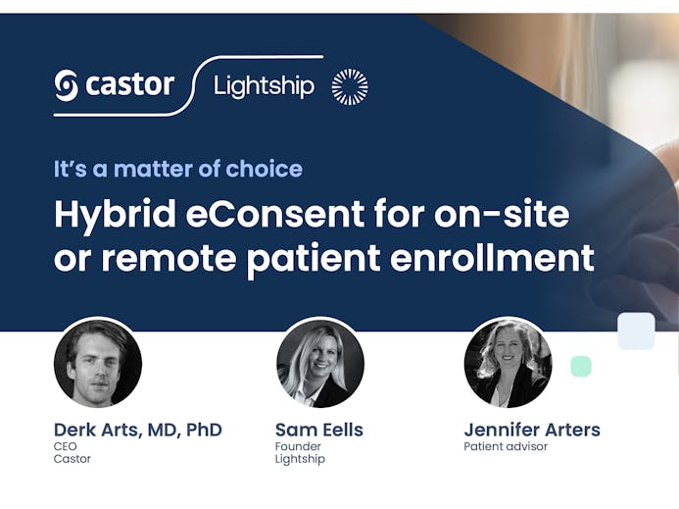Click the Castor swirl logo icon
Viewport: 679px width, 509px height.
pyautogui.click(x=67, y=85)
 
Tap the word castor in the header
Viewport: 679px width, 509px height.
pyautogui.click(x=130, y=84)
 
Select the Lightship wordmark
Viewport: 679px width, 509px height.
pyautogui.click(x=264, y=86)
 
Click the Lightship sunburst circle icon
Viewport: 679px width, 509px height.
pyautogui.click(x=350, y=86)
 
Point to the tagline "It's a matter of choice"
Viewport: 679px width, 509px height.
pyautogui.click(x=178, y=169)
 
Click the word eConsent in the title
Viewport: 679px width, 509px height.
pyautogui.click(x=275, y=214)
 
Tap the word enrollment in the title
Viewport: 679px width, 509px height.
pyautogui.click(x=492, y=257)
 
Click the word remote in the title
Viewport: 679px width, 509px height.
pyautogui.click(x=169, y=258)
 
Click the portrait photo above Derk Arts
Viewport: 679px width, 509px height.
pyautogui.click(x=98, y=363)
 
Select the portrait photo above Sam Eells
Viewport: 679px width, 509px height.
pyautogui.click(x=320, y=363)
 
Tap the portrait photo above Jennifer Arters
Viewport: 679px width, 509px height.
pyautogui.click(x=508, y=363)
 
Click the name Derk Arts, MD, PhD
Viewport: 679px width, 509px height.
pyautogui.click(x=138, y=430)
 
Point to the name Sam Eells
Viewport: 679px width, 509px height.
pyautogui.click(x=319, y=430)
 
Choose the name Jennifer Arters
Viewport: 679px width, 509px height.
pyautogui.click(x=532, y=430)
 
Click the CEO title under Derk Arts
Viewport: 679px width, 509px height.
pyautogui.click(x=66, y=446)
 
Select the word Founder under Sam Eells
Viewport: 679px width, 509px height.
pyautogui.click(x=298, y=446)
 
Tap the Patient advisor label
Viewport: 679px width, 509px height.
pyautogui.click(x=506, y=446)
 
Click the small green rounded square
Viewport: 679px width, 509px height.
pyautogui.click(x=581, y=367)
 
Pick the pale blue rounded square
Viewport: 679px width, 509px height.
pyautogui.click(x=636, y=331)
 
